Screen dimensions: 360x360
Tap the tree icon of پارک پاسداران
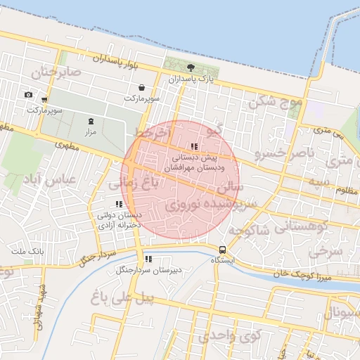click(x=191, y=67)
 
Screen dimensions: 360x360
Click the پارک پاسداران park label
click(x=191, y=79)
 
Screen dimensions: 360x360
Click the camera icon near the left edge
click(x=28, y=95)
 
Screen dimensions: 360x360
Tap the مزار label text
click(x=90, y=131)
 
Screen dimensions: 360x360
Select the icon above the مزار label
click(x=90, y=121)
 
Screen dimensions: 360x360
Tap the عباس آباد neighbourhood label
click(x=49, y=180)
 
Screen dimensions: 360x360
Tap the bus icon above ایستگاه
click(x=223, y=249)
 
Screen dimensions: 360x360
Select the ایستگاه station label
click(x=224, y=259)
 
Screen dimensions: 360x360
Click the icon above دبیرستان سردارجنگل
click(x=148, y=259)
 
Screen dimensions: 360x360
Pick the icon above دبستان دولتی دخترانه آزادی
click(x=119, y=204)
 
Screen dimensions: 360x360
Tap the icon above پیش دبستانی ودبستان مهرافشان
click(x=194, y=146)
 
